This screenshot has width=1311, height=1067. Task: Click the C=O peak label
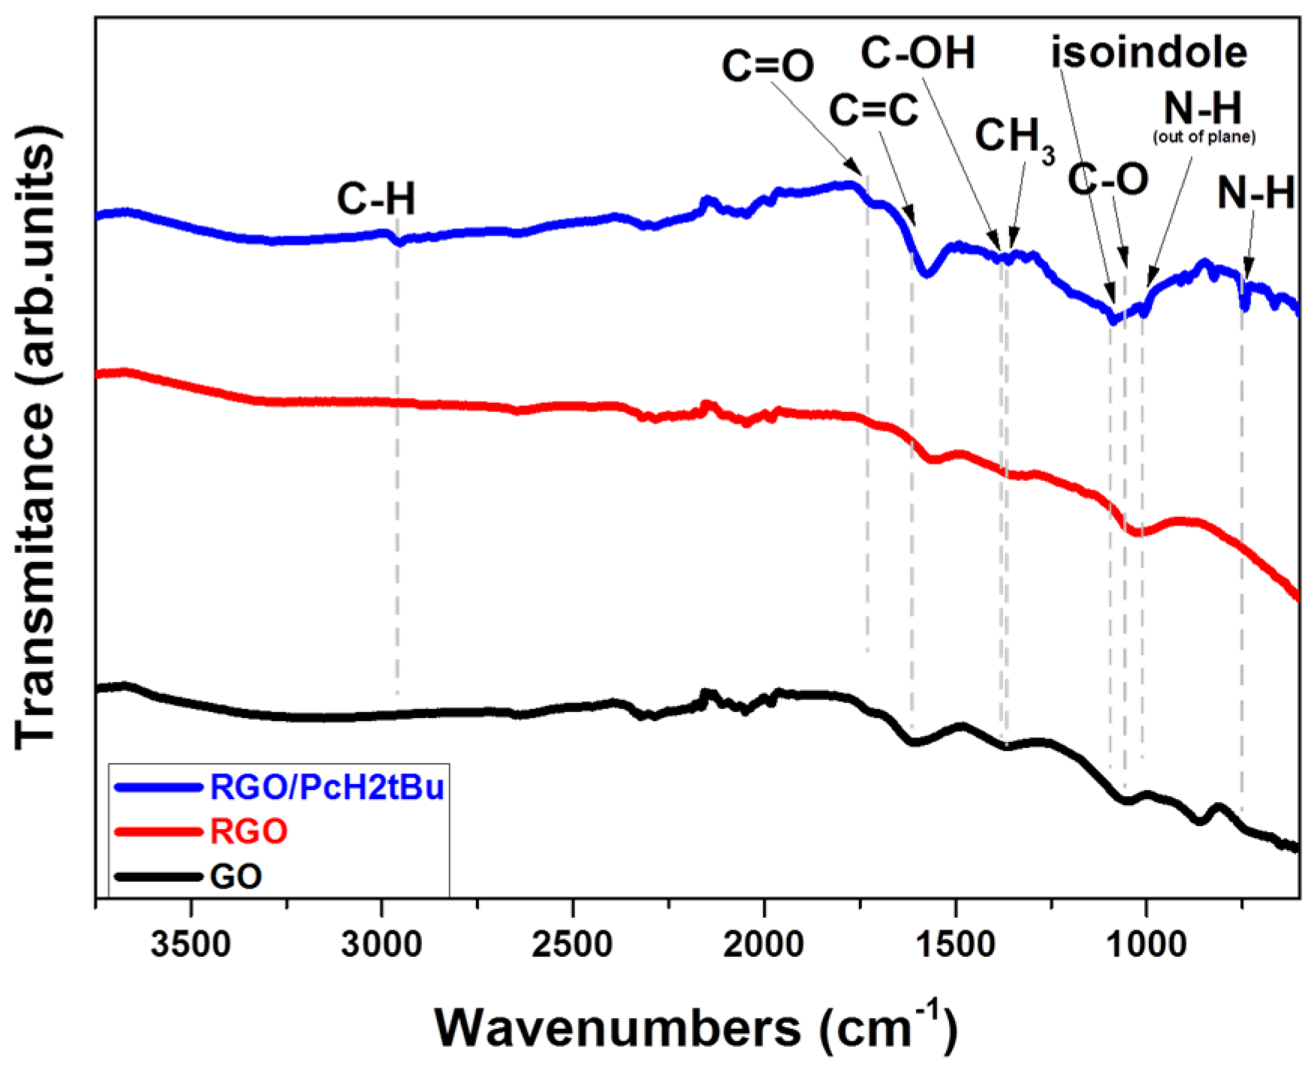pyautogui.click(x=767, y=66)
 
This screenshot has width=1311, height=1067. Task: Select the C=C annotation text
pyautogui.click(x=873, y=110)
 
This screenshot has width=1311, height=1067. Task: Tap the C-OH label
pyautogui.click(x=918, y=54)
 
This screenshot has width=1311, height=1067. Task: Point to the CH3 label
pyautogui.click(x=1014, y=138)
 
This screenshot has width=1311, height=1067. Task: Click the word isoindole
pyautogui.click(x=1148, y=53)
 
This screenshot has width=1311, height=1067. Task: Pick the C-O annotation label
pyautogui.click(x=1108, y=180)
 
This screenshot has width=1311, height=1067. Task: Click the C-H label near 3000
pyautogui.click(x=375, y=200)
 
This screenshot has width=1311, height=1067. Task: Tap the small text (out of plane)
pyautogui.click(x=1204, y=137)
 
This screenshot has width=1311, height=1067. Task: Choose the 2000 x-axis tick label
pyautogui.click(x=764, y=945)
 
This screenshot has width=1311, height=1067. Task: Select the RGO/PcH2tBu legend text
pyautogui.click(x=327, y=787)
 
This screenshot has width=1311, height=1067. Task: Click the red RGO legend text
pyautogui.click(x=249, y=832)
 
